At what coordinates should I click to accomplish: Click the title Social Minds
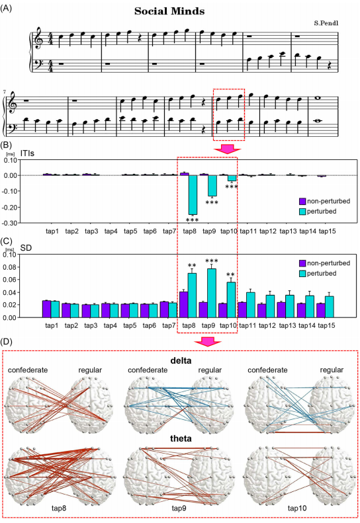(169, 11)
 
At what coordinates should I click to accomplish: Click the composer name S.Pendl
(326, 23)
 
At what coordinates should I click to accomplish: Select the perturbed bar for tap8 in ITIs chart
(193, 195)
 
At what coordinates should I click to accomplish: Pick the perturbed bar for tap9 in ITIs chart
(212, 186)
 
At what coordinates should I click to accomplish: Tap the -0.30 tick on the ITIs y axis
(10, 223)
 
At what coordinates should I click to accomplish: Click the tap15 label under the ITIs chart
(327, 231)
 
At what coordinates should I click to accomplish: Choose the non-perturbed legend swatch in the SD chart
(302, 263)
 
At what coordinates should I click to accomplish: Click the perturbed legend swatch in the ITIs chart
(302, 212)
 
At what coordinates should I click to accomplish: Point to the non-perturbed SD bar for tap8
(183, 305)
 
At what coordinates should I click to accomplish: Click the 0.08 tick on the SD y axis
(10, 267)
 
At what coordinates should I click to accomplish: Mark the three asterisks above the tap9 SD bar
(212, 261)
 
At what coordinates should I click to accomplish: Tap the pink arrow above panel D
(208, 342)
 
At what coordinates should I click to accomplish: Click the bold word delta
(181, 360)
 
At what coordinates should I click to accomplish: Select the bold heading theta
(181, 438)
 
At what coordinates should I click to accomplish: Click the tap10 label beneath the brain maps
(297, 508)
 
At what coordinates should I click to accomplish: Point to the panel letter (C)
(7, 241)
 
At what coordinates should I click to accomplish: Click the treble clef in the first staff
(39, 38)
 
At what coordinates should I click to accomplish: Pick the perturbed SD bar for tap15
(330, 307)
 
